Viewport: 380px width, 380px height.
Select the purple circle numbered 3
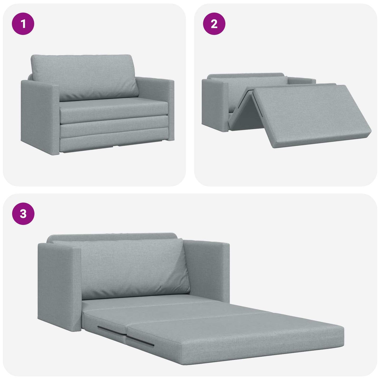[23, 214]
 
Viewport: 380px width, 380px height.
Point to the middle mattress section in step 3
[174, 309]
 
